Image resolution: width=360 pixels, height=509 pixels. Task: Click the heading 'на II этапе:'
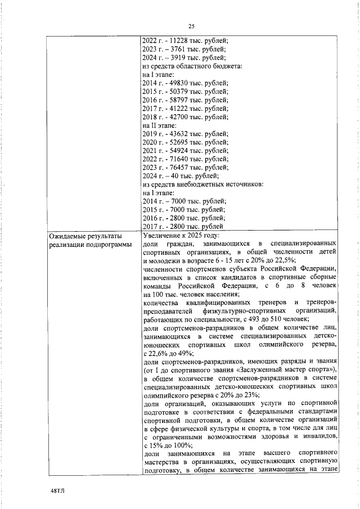tap(160, 125)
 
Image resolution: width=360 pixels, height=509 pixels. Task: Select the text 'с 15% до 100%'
tap(168, 444)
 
